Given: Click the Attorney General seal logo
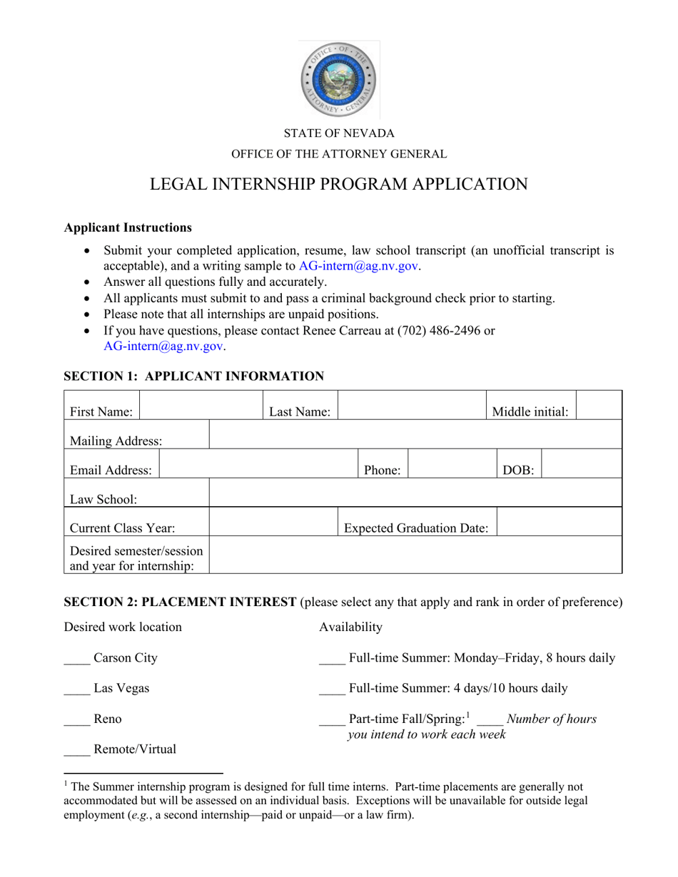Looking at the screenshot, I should pos(338,79).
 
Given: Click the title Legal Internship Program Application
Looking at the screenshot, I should pos(338,184).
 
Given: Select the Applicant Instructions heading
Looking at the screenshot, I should pos(128,227).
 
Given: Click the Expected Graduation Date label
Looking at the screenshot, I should pos(416,528).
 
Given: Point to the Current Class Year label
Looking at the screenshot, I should pos(122,528).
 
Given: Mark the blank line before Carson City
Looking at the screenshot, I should pos(76,659).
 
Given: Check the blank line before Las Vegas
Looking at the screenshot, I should pos(76,689).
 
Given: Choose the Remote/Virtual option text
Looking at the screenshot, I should pos(135,749).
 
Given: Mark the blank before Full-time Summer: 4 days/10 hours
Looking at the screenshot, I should pos(331,689).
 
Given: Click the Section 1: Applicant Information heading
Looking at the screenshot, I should pos(194,376).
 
